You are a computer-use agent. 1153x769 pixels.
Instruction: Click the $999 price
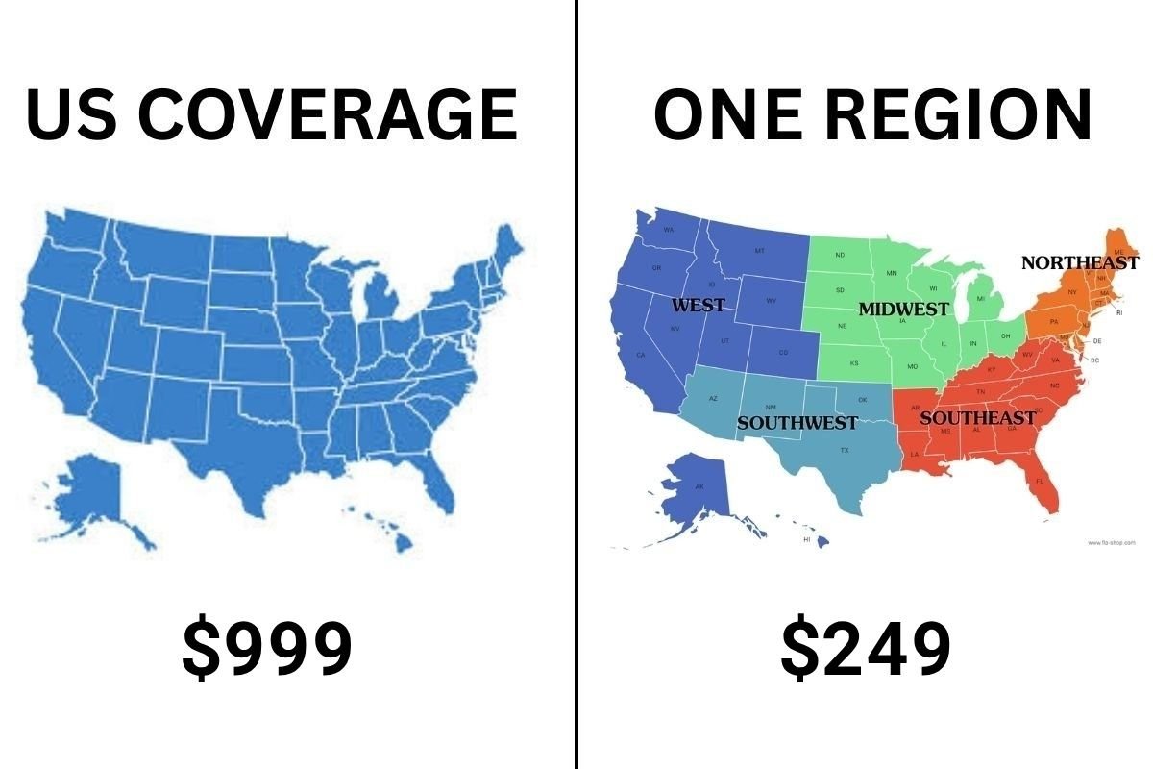(267, 649)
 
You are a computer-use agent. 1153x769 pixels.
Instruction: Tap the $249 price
(865, 649)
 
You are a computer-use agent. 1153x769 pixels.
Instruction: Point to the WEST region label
(698, 306)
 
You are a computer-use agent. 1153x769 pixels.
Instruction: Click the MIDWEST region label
(903, 310)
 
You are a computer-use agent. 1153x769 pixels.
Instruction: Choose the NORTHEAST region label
(1079, 262)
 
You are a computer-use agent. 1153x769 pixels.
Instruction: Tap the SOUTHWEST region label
(797, 423)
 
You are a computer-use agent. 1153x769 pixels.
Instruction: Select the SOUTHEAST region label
(977, 418)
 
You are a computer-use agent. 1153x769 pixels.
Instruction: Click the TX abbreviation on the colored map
(845, 450)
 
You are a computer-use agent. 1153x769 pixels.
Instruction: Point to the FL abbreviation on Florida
(1039, 481)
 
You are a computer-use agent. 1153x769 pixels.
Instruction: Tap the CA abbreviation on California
(641, 356)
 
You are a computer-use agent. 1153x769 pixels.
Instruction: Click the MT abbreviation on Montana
(759, 251)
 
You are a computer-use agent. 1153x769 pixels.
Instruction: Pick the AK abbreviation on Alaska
(699, 487)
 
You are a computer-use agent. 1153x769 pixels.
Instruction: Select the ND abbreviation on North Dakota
(840, 255)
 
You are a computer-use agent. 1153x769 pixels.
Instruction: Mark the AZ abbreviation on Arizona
(713, 398)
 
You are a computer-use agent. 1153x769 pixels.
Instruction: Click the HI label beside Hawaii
(807, 540)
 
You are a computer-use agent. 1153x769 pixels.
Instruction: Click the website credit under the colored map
(1112, 543)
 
